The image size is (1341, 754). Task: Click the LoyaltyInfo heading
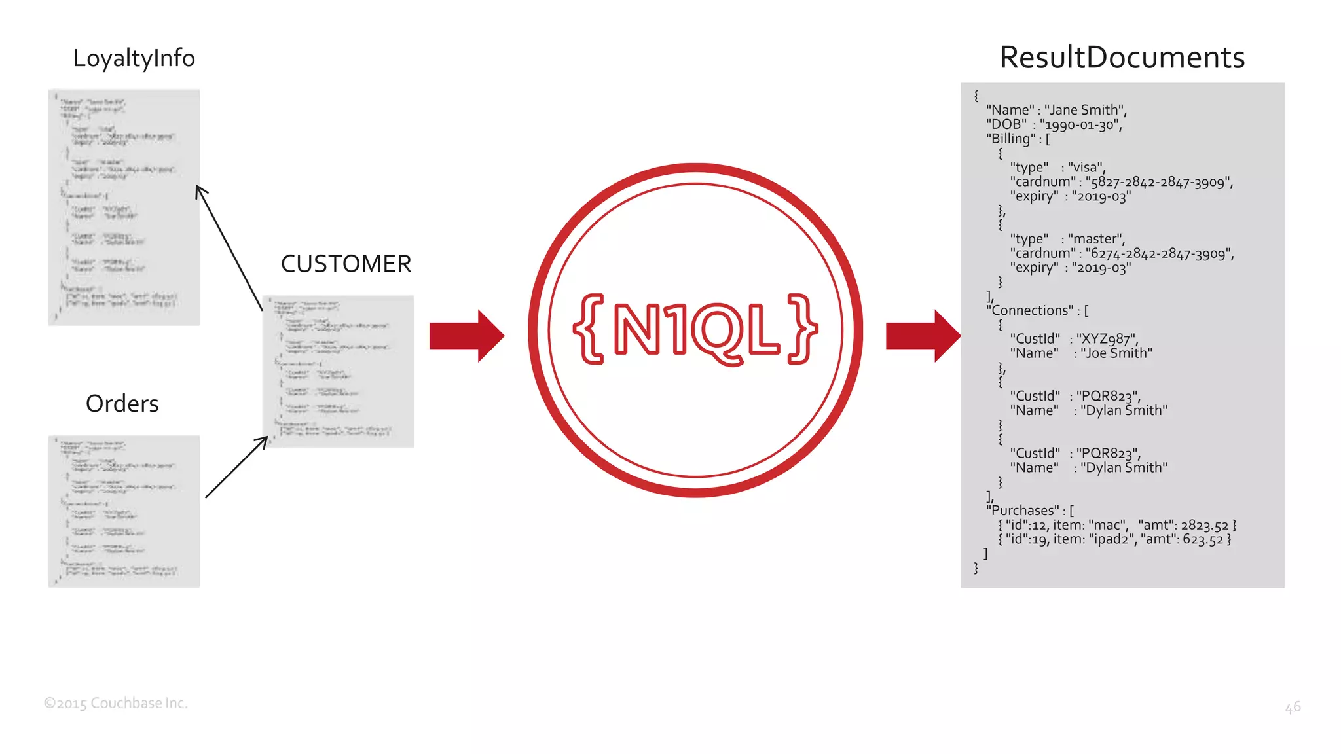(x=134, y=58)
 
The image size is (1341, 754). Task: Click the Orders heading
(x=122, y=403)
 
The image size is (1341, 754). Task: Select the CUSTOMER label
(x=346, y=264)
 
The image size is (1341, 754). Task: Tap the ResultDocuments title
(x=1122, y=58)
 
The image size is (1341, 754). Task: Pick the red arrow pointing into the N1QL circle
(x=466, y=336)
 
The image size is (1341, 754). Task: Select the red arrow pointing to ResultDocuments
(x=923, y=336)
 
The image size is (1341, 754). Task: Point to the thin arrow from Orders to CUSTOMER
(x=236, y=467)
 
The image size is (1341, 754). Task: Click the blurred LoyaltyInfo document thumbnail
(x=124, y=207)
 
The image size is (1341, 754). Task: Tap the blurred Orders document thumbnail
(x=124, y=511)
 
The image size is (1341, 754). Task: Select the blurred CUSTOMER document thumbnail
(x=338, y=371)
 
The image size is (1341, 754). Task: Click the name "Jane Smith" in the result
(x=1084, y=110)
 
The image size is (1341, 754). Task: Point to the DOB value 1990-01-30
(x=1080, y=124)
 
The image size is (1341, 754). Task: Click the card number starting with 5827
(x=1158, y=182)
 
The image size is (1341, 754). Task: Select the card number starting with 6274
(x=1158, y=253)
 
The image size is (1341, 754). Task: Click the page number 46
(x=1292, y=707)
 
